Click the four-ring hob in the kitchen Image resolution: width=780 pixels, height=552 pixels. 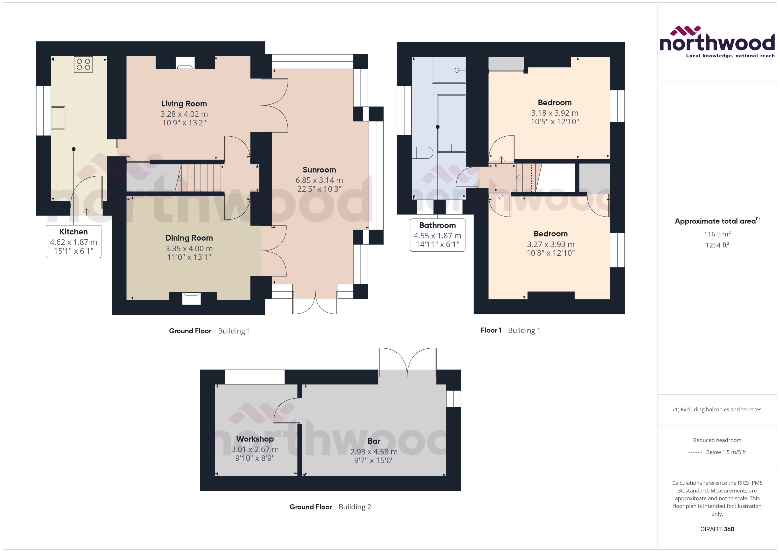click(83, 64)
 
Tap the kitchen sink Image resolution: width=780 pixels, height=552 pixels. click(58, 118)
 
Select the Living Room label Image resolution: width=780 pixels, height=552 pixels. click(184, 104)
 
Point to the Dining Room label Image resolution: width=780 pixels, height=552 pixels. click(189, 238)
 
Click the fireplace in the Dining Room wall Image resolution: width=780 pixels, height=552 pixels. click(191, 298)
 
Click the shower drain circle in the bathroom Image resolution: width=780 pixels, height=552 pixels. click(457, 70)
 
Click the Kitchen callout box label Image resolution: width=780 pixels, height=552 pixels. click(73, 232)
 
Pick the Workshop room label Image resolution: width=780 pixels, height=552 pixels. click(255, 439)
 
